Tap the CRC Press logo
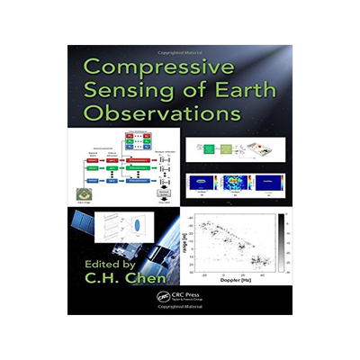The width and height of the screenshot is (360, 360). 163,297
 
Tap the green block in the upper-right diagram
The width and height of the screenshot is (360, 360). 209,150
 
